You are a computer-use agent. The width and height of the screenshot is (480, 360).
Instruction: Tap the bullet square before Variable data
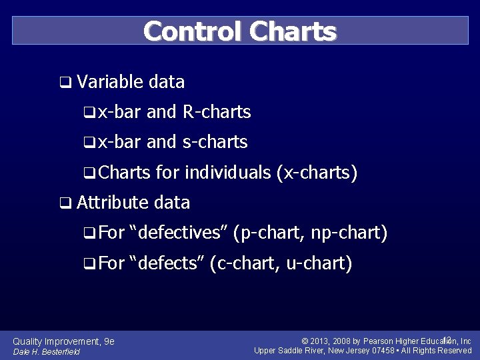point(65,83)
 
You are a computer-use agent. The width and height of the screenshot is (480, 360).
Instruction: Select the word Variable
point(110,82)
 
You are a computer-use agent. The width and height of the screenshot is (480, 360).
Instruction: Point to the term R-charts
point(216,112)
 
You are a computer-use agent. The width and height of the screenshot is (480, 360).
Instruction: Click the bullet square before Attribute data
point(65,203)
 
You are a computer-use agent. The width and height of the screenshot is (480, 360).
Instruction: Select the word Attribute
point(112,202)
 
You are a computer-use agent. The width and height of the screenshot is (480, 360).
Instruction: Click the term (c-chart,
point(245,263)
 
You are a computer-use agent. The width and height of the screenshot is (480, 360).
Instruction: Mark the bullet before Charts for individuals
point(88,173)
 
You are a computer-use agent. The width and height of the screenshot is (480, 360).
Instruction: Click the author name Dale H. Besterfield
point(46,352)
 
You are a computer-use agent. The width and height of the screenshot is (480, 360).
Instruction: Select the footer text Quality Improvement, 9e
point(64,341)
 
